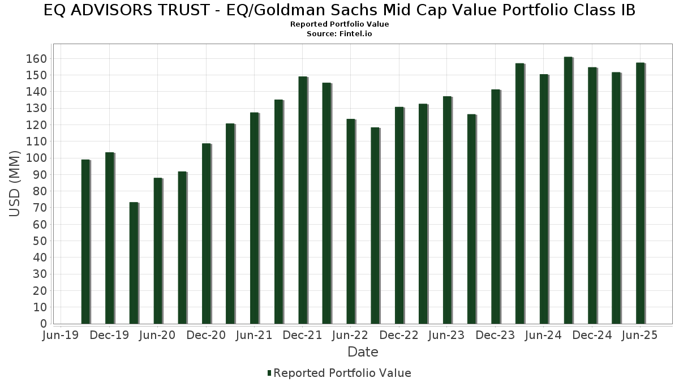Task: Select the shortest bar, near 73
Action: click(134, 263)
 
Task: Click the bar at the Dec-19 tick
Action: click(109, 238)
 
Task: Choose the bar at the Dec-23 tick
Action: click(496, 207)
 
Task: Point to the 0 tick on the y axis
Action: click(45, 324)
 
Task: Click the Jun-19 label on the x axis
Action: click(61, 336)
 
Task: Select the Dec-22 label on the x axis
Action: click(399, 336)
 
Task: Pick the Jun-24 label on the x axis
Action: click(543, 336)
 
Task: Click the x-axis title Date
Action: click(363, 352)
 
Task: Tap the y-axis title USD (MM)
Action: click(15, 183)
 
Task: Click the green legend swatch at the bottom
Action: click(269, 373)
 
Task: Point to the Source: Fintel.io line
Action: click(339, 34)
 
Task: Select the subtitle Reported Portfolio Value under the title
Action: click(339, 24)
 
